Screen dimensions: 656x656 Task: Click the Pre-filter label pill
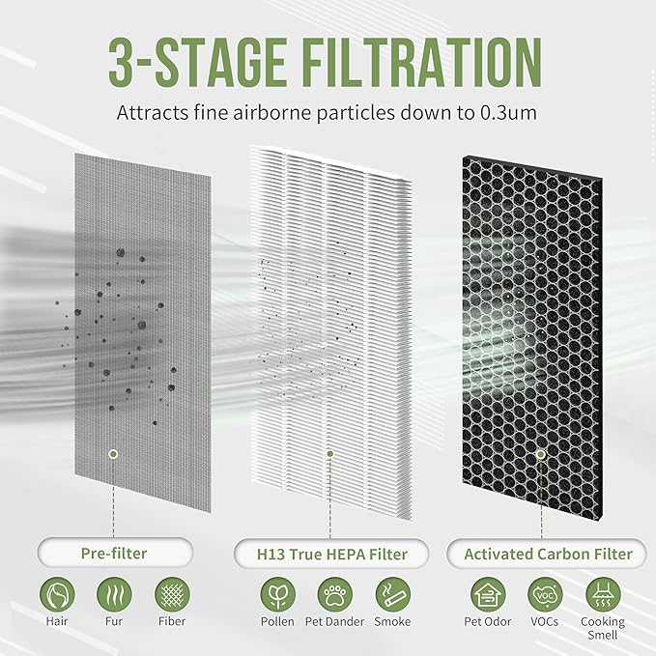(114, 554)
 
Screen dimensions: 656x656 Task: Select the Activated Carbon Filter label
(548, 554)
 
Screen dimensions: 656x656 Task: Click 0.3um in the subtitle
(511, 111)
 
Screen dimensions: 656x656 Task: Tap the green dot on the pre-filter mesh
(114, 453)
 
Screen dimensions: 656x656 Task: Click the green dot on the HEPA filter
(329, 452)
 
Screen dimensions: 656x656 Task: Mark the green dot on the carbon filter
(540, 452)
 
